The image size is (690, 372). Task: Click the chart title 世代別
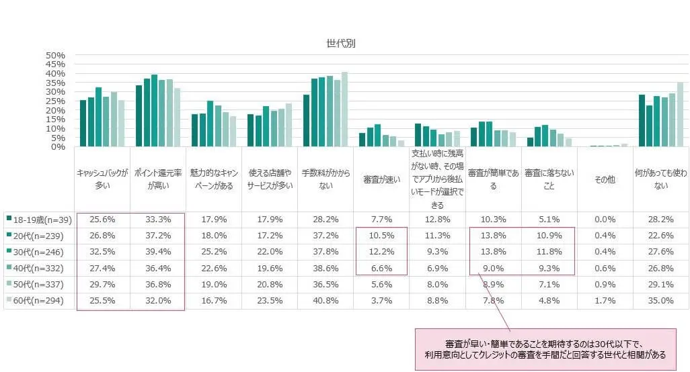[340, 44]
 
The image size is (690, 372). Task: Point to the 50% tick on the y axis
[55, 55]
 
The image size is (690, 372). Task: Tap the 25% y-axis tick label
[55, 101]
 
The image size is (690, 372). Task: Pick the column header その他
[605, 179]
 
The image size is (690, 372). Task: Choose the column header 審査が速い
[381, 179]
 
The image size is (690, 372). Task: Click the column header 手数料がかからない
[325, 179]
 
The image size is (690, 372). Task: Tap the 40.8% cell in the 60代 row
[325, 301]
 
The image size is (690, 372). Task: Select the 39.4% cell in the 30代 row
[158, 252]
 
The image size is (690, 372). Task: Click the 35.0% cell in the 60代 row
[660, 301]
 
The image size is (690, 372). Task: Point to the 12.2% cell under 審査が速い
[381, 252]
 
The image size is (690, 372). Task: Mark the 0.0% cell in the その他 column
[605, 220]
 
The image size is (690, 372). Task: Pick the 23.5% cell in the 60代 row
[270, 301]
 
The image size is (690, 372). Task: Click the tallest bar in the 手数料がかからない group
[344, 109]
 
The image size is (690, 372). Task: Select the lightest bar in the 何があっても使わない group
[681, 114]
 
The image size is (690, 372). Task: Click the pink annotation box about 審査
[545, 349]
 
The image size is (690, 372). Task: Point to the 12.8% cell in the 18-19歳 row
[437, 220]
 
